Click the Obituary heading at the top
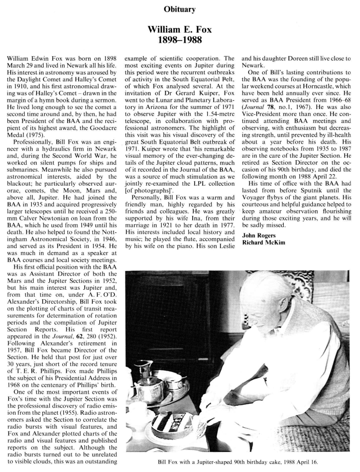pos(180,9)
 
